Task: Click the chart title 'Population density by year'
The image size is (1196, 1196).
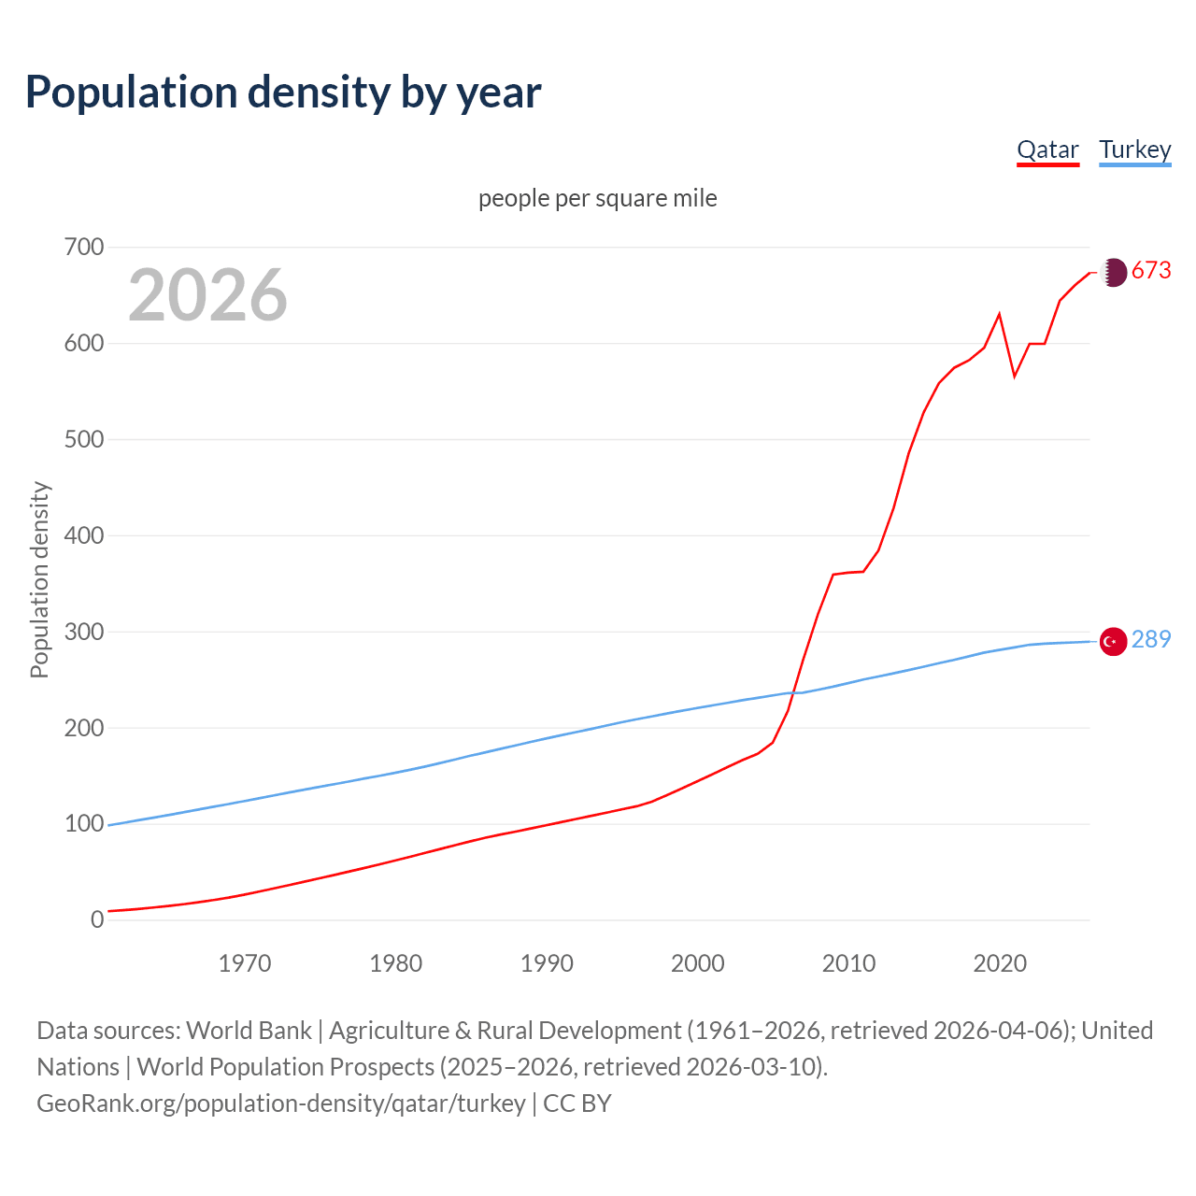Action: [283, 92]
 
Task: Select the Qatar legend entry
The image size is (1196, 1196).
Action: [1047, 149]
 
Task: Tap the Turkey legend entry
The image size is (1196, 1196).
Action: [1134, 149]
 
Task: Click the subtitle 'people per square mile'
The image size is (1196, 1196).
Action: [598, 198]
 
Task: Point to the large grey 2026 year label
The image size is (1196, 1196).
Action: [207, 295]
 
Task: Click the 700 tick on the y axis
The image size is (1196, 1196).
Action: [83, 248]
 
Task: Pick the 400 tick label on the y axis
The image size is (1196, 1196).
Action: [83, 536]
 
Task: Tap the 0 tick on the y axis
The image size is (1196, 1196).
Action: [97, 920]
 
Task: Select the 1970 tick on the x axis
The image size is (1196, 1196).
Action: [245, 963]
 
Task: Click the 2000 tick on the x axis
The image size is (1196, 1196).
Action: [698, 963]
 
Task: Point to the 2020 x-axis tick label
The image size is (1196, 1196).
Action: [1000, 963]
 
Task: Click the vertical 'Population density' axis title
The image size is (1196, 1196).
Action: [39, 579]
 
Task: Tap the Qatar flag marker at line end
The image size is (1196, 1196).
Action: [1113, 272]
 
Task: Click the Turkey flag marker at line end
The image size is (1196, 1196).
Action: [1113, 642]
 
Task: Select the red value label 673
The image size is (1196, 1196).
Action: [1151, 271]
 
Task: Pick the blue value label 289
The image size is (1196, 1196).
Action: [1151, 640]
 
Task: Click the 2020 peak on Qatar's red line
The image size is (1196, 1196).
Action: [1000, 314]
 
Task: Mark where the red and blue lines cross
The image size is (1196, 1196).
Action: [797, 692]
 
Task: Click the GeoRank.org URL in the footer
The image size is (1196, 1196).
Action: [281, 1103]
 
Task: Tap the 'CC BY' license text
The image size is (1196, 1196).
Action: [577, 1103]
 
